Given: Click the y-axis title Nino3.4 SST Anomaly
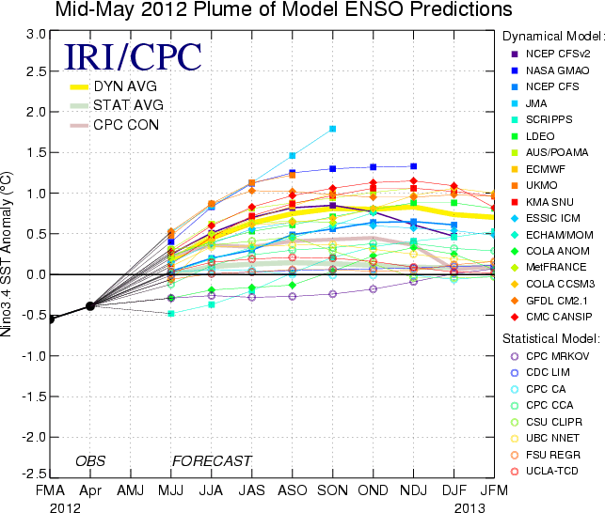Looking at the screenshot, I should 11,255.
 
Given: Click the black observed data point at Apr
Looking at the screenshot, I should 90,306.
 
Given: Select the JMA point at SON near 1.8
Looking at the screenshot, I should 333,129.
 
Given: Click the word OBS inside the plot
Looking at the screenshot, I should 90,460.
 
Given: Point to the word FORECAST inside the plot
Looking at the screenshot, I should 212,460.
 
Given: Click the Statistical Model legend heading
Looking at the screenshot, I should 551,336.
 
